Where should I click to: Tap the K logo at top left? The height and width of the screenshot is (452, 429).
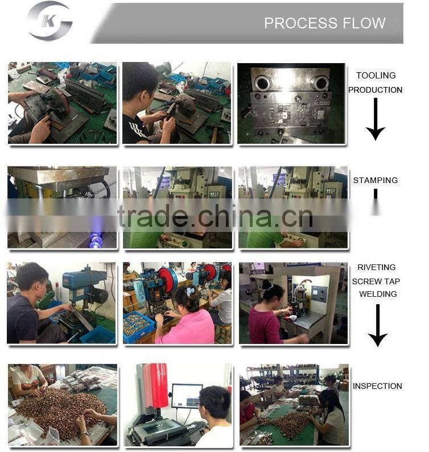pyautogui.click(x=49, y=21)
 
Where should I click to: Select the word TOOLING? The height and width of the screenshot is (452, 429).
pyautogui.click(x=376, y=75)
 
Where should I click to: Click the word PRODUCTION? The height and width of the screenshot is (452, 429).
pyautogui.click(x=375, y=90)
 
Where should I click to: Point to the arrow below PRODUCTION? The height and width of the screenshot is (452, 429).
pyautogui.click(x=376, y=119)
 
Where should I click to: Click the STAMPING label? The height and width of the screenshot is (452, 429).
pyautogui.click(x=376, y=180)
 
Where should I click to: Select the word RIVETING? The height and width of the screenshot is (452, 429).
pyautogui.click(x=377, y=267)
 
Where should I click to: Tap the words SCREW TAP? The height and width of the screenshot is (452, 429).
pyautogui.click(x=376, y=281)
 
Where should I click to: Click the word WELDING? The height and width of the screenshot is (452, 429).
pyautogui.click(x=378, y=294)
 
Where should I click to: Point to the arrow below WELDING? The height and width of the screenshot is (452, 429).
pyautogui.click(x=378, y=325)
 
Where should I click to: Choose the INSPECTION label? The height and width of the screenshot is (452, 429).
pyautogui.click(x=377, y=386)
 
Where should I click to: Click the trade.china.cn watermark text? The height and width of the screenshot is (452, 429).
pyautogui.click(x=215, y=216)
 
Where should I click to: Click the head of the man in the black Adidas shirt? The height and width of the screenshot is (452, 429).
pyautogui.click(x=138, y=82)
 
